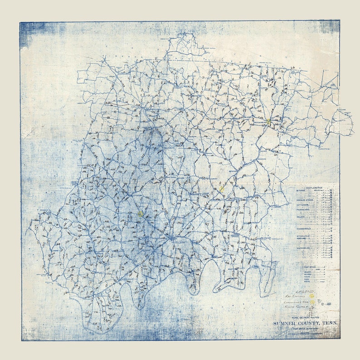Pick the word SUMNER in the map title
coord(285,323)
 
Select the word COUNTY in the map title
coord(309,323)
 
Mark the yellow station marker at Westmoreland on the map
coord(269,122)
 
